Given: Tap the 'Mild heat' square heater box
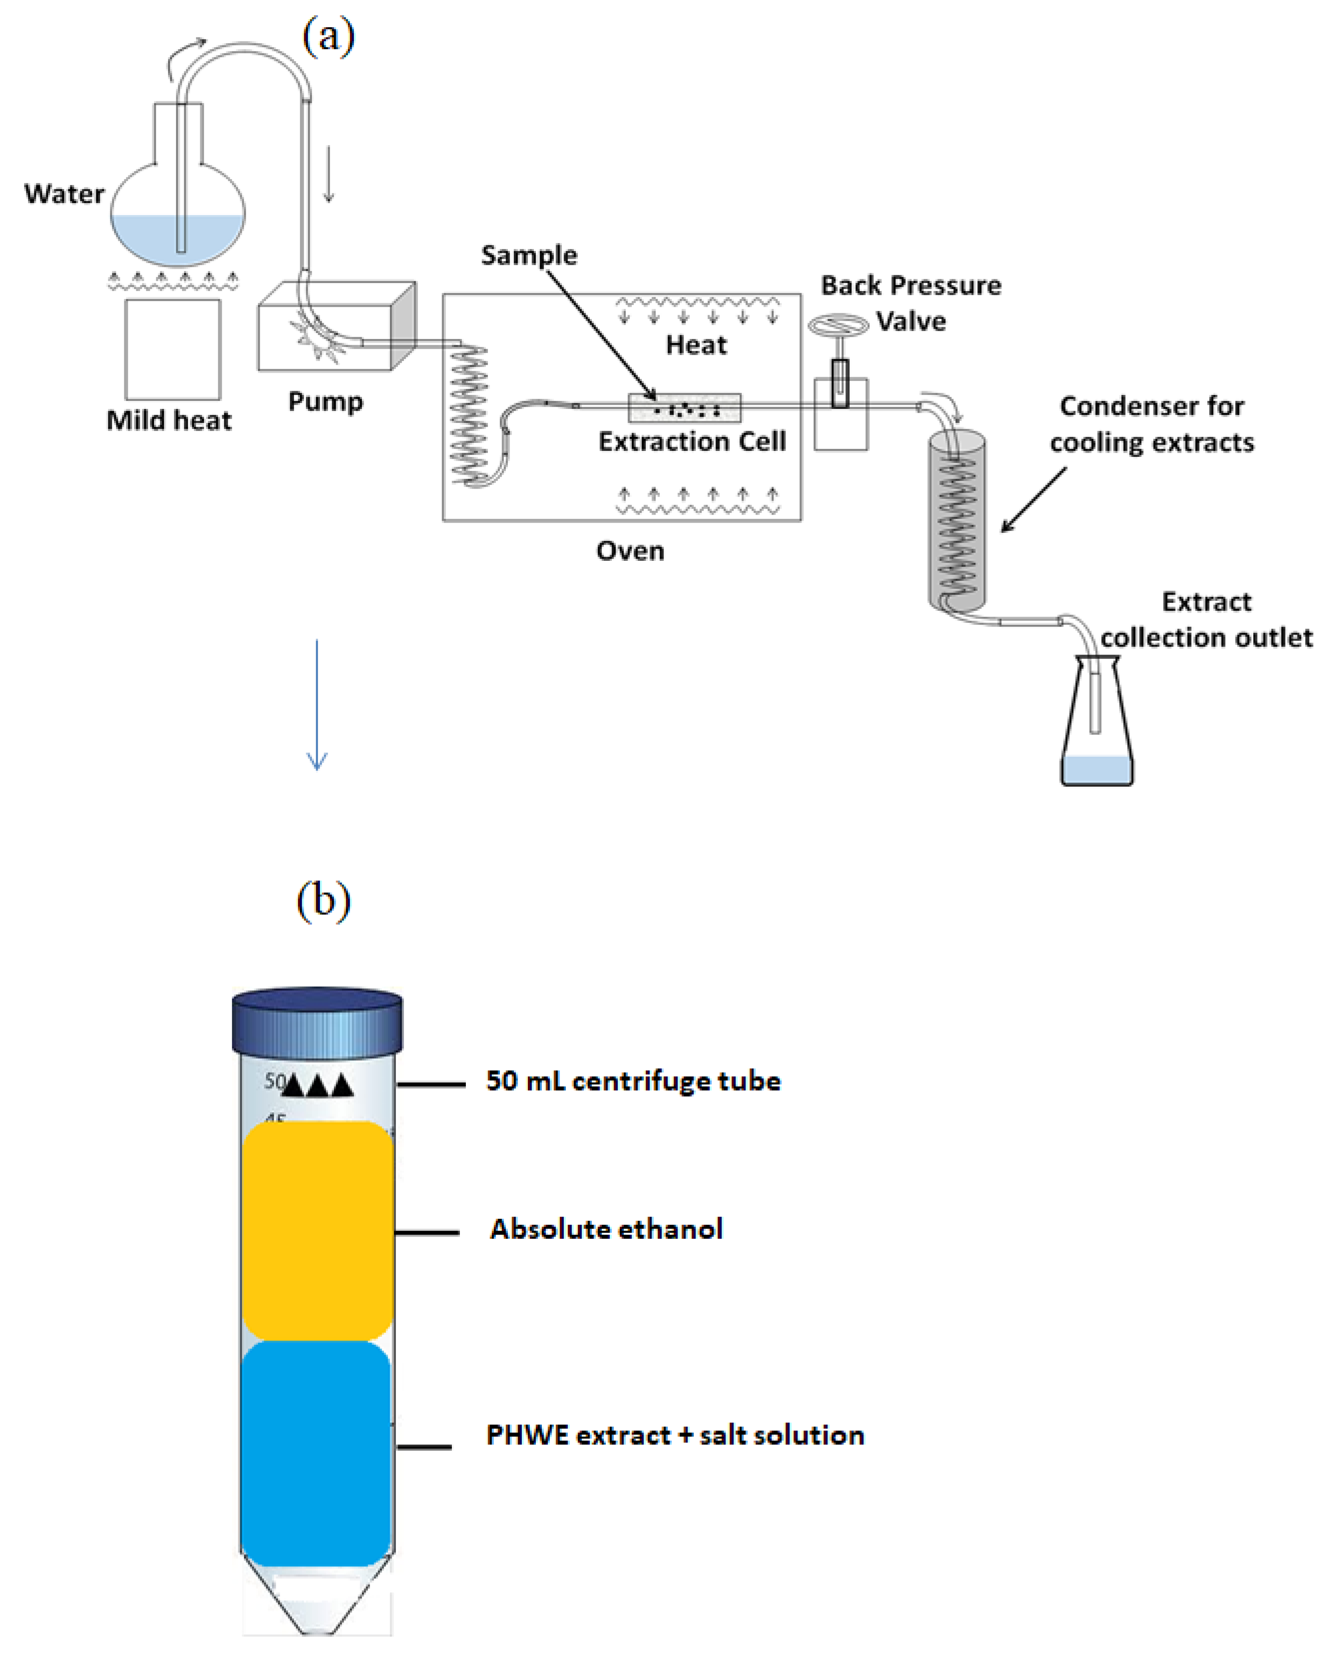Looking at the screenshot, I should point(173,349).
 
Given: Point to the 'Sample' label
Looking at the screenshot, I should point(529,255).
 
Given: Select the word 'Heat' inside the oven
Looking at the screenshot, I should point(695,345).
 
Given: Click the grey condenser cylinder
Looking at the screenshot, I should point(957,523).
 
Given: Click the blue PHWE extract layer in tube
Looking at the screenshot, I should point(316,1453).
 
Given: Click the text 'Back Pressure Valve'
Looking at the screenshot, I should point(911,303).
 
